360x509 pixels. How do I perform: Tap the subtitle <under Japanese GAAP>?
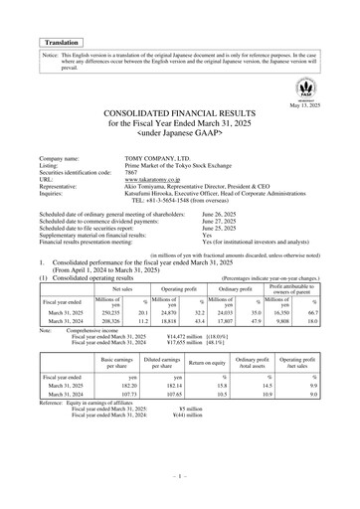click(x=179, y=140)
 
